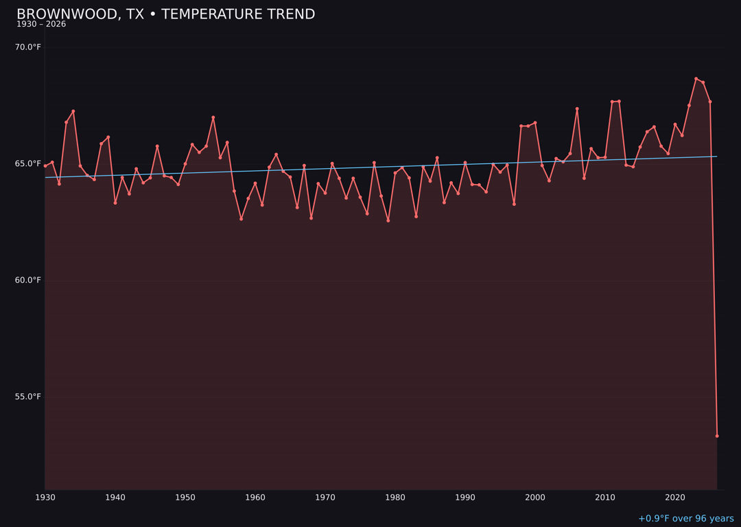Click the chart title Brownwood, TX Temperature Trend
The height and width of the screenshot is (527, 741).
coord(165,14)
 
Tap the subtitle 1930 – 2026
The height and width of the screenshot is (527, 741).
coord(41,25)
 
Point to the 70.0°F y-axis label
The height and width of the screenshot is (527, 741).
coord(28,47)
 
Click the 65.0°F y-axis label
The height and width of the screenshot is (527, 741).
coord(28,164)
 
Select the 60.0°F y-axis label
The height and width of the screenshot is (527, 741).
coord(28,280)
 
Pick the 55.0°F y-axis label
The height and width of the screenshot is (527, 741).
coord(28,397)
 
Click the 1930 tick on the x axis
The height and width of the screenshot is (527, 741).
coord(45,497)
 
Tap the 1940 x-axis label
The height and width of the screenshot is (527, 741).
coord(115,497)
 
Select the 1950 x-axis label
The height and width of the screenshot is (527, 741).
coord(185,497)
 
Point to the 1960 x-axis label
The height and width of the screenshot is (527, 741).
coord(255,497)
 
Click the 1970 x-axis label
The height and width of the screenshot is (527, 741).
coord(325,497)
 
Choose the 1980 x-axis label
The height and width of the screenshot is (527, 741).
coord(395,497)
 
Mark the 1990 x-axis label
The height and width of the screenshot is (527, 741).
coord(465,497)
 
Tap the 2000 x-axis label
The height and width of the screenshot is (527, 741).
coord(535,497)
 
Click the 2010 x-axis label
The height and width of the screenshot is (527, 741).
coord(605,497)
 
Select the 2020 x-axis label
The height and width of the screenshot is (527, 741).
coord(675,497)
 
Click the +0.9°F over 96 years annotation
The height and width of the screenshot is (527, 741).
coord(685,519)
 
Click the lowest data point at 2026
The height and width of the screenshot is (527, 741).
coord(717,436)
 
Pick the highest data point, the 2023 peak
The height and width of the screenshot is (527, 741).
coord(696,79)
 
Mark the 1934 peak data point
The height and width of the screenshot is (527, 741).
coord(73,111)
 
